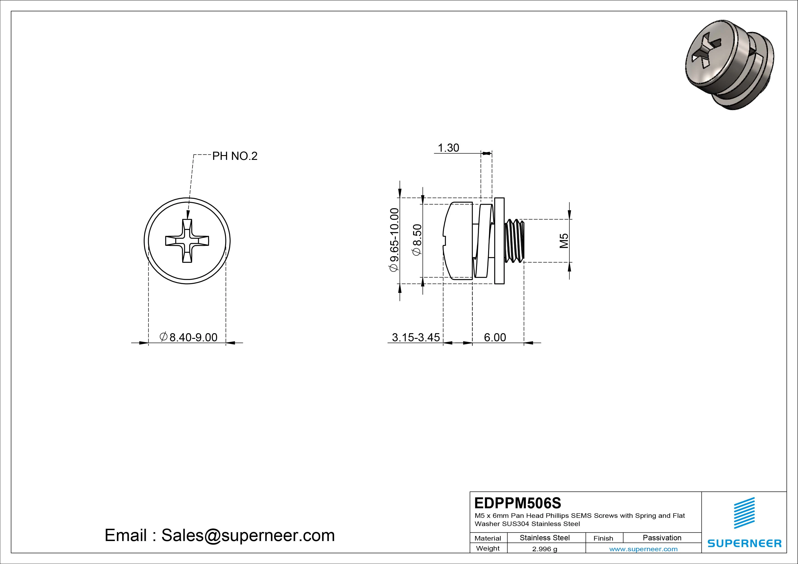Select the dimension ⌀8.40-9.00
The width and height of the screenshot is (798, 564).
[189, 337]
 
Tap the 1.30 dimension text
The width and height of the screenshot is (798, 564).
[448, 148]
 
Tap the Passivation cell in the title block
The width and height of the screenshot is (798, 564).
[662, 538]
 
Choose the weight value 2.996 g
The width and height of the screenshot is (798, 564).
[545, 549]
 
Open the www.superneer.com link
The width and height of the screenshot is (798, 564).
[643, 549]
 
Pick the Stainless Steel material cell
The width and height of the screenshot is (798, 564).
[545, 538]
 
